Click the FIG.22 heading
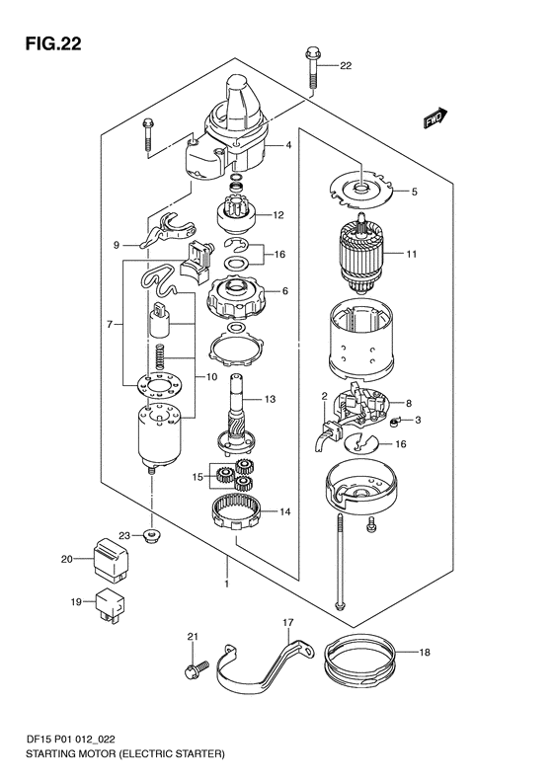(53, 43)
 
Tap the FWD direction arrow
(435, 118)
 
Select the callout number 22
(346, 66)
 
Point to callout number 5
(415, 192)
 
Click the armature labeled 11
(361, 258)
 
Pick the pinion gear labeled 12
(236, 215)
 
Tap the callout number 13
(270, 399)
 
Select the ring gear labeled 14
(237, 512)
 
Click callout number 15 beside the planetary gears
(197, 477)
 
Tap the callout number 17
(288, 623)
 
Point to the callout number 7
(110, 325)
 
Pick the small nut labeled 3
(395, 423)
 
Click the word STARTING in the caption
(49, 754)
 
